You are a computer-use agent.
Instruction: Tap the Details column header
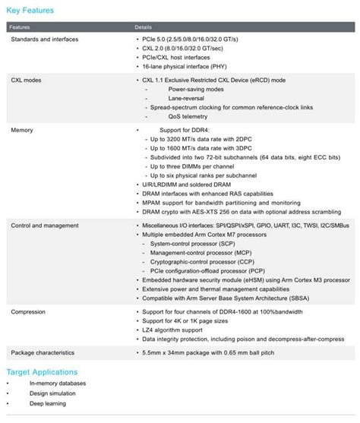pyautogui.click(x=144, y=27)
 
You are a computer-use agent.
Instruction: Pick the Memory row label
pyautogui.click(x=22, y=130)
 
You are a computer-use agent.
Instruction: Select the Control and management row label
pyautogui.click(x=45, y=226)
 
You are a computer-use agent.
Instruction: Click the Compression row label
pyautogui.click(x=29, y=311)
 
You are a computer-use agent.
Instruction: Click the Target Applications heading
pyautogui.click(x=42, y=372)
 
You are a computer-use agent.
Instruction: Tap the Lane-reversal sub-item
pyautogui.click(x=188, y=99)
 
